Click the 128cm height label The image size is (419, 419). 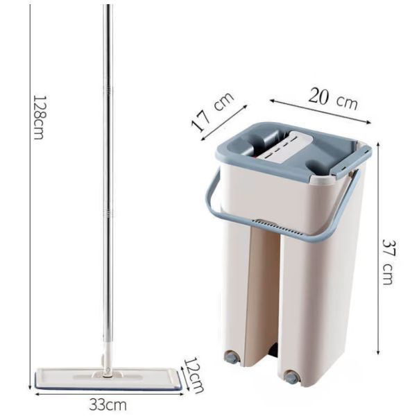[37, 117]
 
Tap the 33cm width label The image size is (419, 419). [108, 404]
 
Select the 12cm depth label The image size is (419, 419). [194, 375]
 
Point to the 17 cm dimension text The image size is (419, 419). [213, 112]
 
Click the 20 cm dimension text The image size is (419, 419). [333, 99]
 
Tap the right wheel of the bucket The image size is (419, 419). [291, 377]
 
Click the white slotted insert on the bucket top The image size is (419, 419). [284, 148]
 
